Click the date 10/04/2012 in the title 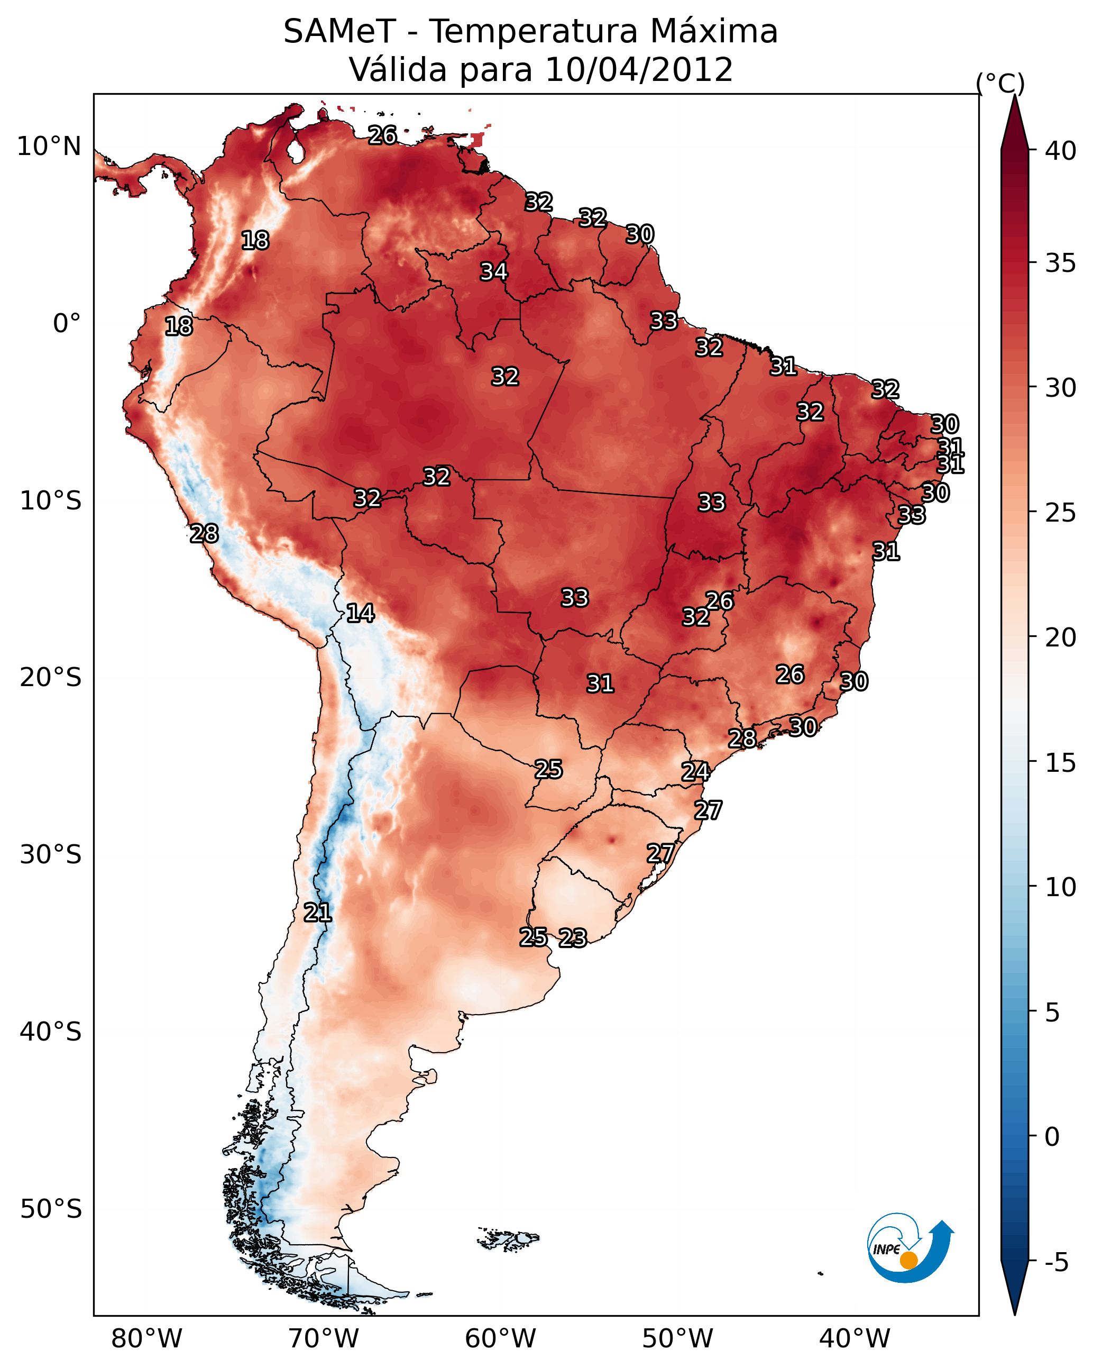(x=639, y=70)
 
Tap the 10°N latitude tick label (x=49, y=147)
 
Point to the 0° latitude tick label (x=67, y=324)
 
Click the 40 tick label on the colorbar (x=1061, y=151)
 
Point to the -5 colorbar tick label (x=1056, y=1263)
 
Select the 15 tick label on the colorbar (x=1061, y=763)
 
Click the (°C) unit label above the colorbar (x=1000, y=83)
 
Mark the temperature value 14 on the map (x=360, y=613)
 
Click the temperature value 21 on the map (x=317, y=913)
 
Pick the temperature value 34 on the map (x=493, y=271)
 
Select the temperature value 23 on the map (x=573, y=938)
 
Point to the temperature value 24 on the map (x=695, y=772)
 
